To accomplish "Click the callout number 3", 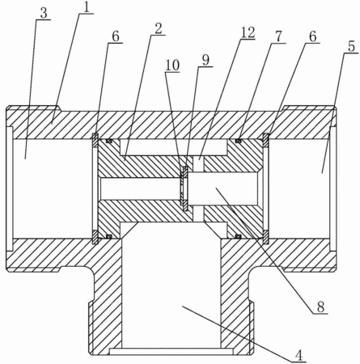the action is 44,14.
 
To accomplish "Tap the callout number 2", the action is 159,29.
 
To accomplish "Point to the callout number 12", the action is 248,32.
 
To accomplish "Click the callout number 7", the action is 278,36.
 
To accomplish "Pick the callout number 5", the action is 351,46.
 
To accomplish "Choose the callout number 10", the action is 172,66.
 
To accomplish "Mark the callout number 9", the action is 205,60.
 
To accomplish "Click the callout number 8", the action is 320,307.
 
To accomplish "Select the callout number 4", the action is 299,355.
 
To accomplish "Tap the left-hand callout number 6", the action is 116,36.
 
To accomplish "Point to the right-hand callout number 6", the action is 312,36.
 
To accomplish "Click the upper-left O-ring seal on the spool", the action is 109,141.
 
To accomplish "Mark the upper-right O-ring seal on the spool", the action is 238,140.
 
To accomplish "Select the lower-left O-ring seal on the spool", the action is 109,236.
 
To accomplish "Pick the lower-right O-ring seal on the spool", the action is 238,236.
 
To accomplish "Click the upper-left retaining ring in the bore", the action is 95,140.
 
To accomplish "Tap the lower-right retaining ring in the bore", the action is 266,237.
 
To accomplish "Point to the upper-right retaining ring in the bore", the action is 266,140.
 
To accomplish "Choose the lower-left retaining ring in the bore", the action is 95,237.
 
